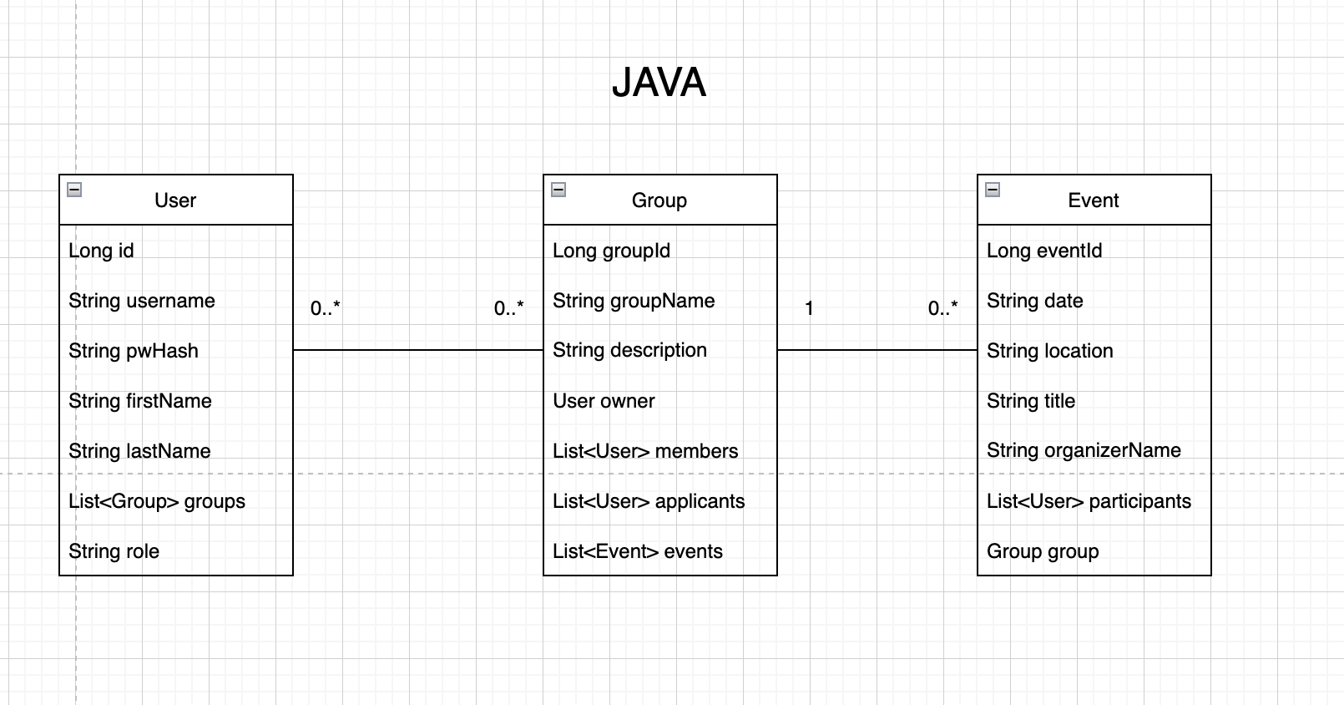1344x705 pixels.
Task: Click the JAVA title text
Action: (659, 83)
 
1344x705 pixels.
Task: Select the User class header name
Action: (175, 200)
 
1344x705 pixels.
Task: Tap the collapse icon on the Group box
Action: (558, 190)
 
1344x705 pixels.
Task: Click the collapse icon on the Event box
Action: (993, 190)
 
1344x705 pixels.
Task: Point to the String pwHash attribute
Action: (134, 351)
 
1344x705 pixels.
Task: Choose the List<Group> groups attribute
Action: (157, 501)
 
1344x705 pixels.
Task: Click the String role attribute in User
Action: (114, 551)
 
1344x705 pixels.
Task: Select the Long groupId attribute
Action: (611, 251)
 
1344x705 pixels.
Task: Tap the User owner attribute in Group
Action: (604, 401)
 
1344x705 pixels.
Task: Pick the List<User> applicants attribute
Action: (649, 501)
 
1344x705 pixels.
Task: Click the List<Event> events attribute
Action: (638, 551)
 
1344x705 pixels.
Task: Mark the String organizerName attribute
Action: (1084, 450)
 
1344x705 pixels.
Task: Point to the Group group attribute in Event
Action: (1043, 551)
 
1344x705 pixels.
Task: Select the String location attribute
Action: (1049, 351)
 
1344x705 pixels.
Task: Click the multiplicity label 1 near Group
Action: (809, 308)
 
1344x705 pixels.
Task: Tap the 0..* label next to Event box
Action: (942, 308)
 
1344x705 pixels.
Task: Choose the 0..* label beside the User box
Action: (325, 308)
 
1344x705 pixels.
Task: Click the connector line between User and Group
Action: (417, 350)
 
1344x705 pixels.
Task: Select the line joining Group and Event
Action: (877, 350)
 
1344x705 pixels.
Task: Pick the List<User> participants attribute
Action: (1089, 501)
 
